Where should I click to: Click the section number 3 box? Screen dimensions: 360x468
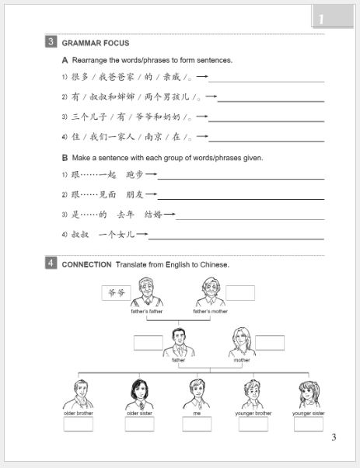pos(51,42)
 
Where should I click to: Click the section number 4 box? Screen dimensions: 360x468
pos(51,264)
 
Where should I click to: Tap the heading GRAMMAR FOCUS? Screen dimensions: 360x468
pos(96,43)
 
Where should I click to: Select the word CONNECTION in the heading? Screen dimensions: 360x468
pos(86,264)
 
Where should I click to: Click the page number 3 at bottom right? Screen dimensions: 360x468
pos(334,437)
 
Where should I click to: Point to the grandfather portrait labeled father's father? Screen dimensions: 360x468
pos(145,292)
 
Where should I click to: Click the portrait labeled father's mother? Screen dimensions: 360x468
pos(209,292)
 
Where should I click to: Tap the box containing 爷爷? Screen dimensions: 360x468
pos(117,292)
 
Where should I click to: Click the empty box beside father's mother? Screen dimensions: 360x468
pos(240,292)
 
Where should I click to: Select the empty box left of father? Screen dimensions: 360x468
pos(148,342)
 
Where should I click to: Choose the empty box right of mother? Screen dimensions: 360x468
pos(270,342)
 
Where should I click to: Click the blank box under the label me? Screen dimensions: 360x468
pos(197,424)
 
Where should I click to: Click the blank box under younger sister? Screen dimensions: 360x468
pos(309,424)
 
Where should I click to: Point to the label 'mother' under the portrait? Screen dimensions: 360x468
pos(242,360)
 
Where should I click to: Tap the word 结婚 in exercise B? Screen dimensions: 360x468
pos(152,214)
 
